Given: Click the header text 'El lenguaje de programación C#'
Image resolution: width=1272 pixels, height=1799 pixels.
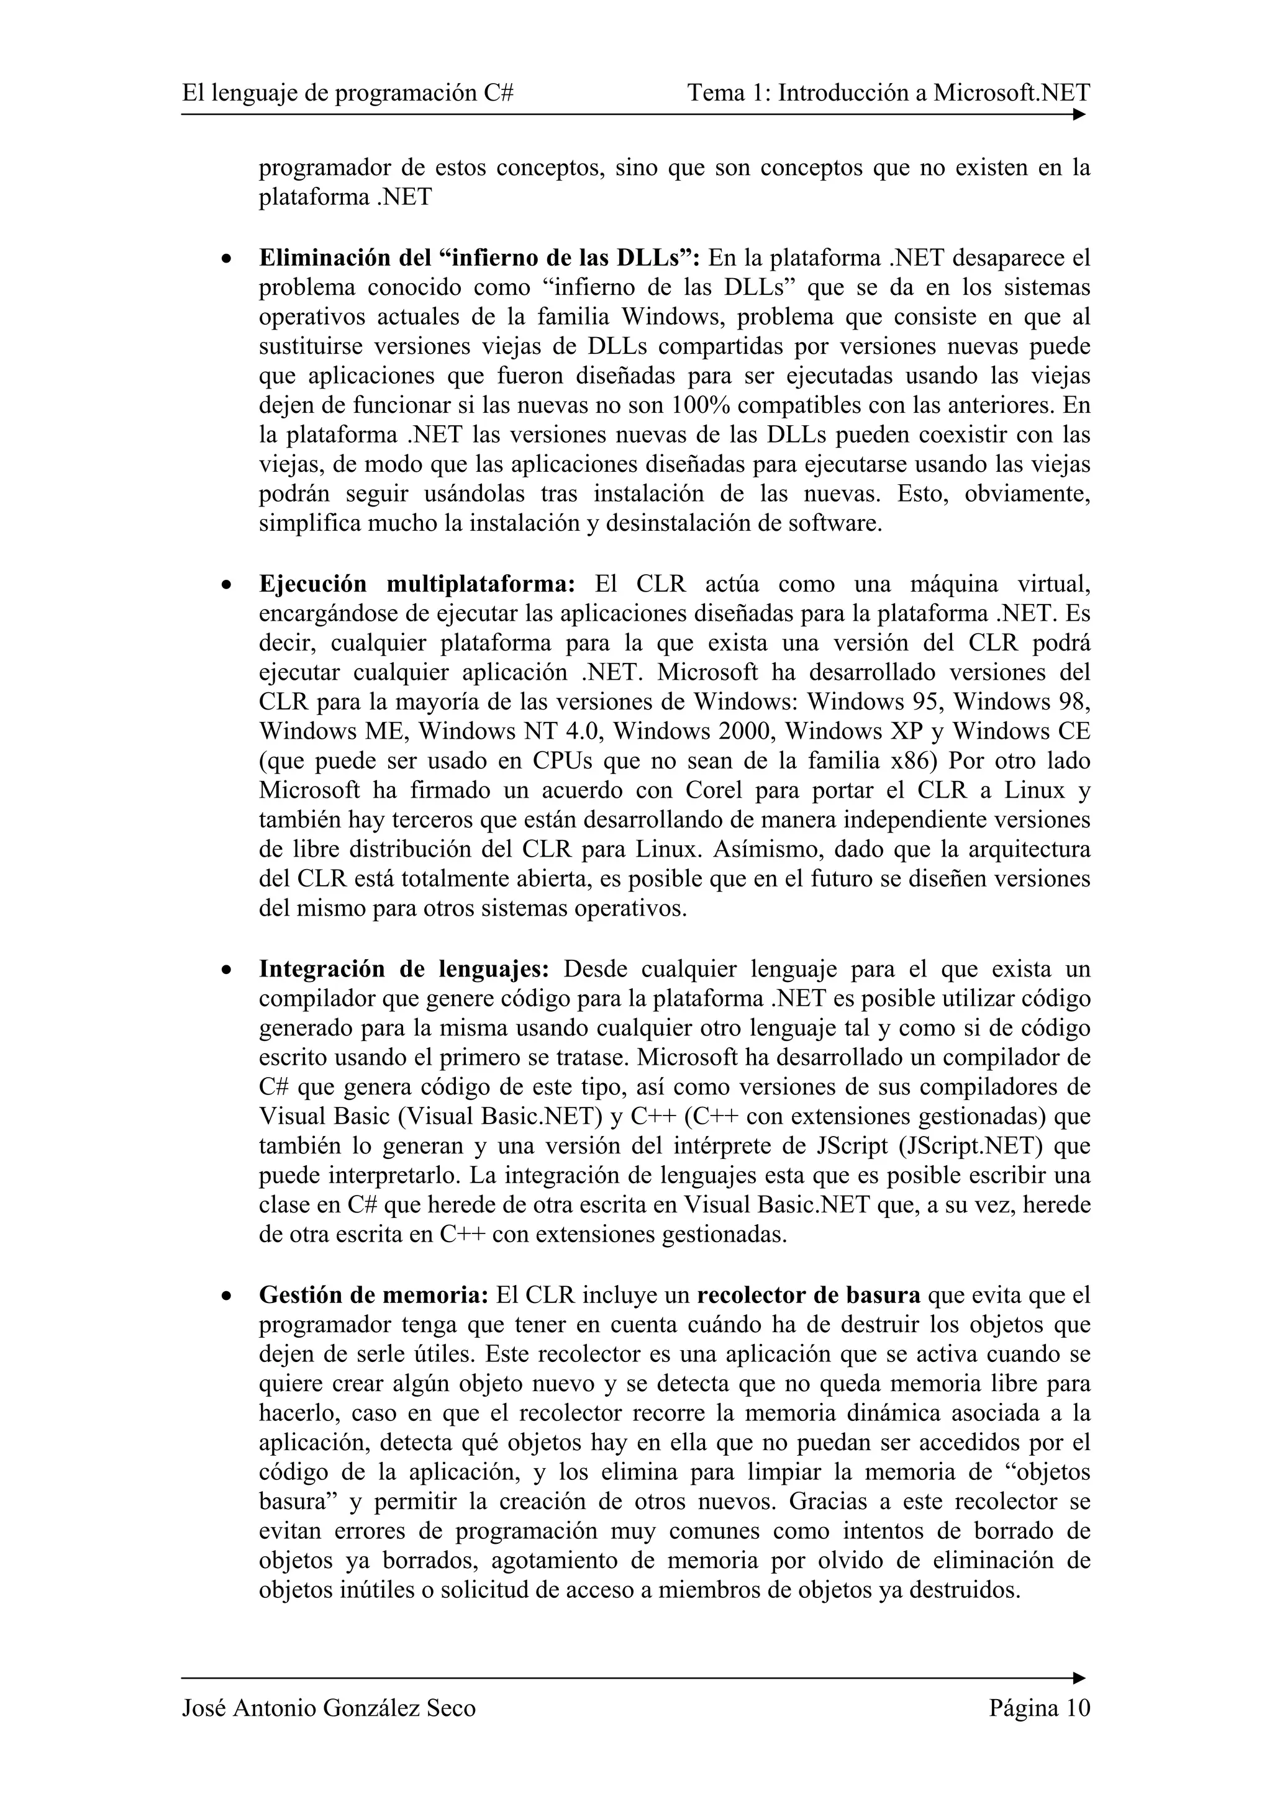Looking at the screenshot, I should [x=347, y=93].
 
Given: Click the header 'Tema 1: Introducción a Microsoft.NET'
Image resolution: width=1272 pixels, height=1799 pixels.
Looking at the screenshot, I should [x=888, y=93].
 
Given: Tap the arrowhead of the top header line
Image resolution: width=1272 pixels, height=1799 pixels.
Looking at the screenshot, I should [x=1079, y=114].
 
